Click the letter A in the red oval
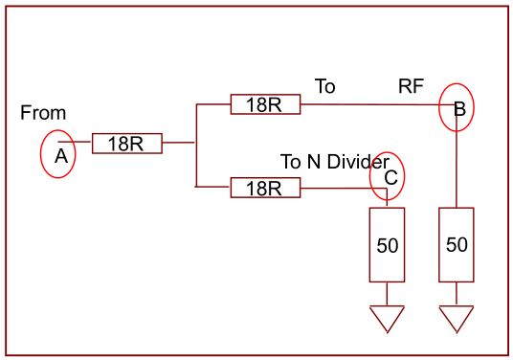coord(61,156)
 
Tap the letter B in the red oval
coord(459,109)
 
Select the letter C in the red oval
coord(390,178)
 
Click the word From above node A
coord(43,113)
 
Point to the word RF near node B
coord(411,86)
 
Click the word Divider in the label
coord(358,162)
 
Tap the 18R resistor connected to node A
coord(127,144)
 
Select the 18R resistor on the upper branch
coord(265,104)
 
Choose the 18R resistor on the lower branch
coord(265,188)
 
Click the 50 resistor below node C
coord(387,245)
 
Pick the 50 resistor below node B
coord(457,245)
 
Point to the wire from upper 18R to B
coord(378,104)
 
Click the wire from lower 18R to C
coord(344,189)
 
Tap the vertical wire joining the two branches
coord(196,146)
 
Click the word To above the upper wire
coord(325,86)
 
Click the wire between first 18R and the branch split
coord(178,143)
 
